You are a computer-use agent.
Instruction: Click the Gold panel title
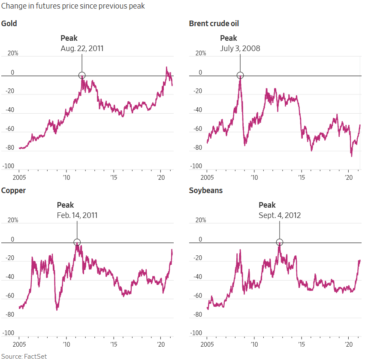[x=9, y=24]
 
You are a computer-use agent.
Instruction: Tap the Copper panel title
[x=13, y=190]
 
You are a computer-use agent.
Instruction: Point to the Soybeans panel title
[x=206, y=190]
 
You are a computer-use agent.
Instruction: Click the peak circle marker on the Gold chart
[x=82, y=76]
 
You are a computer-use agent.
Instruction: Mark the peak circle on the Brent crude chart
[x=240, y=76]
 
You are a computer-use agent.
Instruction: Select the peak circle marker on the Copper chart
[x=77, y=242]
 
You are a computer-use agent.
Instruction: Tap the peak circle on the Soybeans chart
[x=280, y=242]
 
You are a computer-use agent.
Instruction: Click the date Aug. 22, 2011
[x=82, y=48]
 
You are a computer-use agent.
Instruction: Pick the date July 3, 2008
[x=240, y=48]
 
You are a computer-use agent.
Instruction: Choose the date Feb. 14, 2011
[x=77, y=215]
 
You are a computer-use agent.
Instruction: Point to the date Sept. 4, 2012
[x=280, y=215]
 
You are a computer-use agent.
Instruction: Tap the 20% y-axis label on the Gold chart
[x=13, y=54]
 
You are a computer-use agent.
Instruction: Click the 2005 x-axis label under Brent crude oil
[x=207, y=177]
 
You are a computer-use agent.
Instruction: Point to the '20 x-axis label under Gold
[x=161, y=177]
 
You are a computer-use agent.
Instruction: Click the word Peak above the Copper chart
[x=65, y=205]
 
